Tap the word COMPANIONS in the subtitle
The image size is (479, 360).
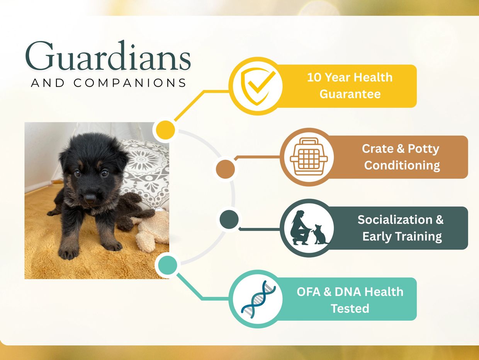click(130, 83)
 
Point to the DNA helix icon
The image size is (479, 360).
click(258, 299)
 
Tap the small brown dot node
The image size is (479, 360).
click(225, 169)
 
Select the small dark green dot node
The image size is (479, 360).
click(229, 219)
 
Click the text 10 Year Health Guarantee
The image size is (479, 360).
click(350, 86)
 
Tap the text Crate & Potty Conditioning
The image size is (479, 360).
click(401, 157)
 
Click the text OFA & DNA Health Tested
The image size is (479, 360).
click(350, 300)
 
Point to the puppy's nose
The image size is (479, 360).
click(90, 198)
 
